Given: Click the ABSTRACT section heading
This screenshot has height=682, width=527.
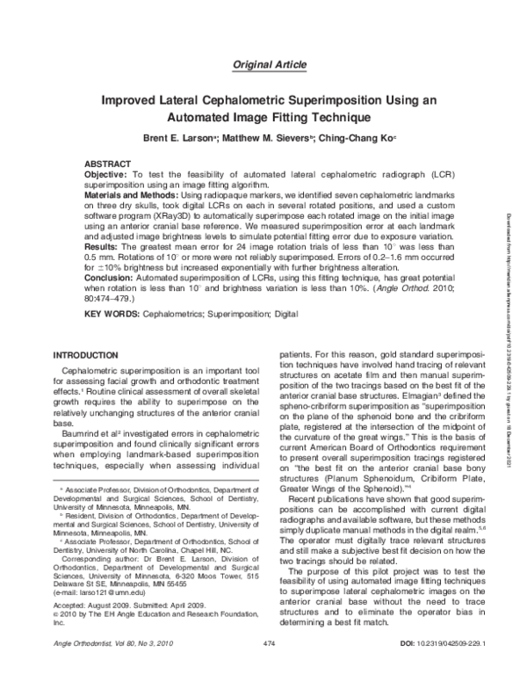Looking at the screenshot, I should click(109, 165).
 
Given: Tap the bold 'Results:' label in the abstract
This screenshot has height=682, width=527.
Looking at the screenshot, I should click(103, 249).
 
